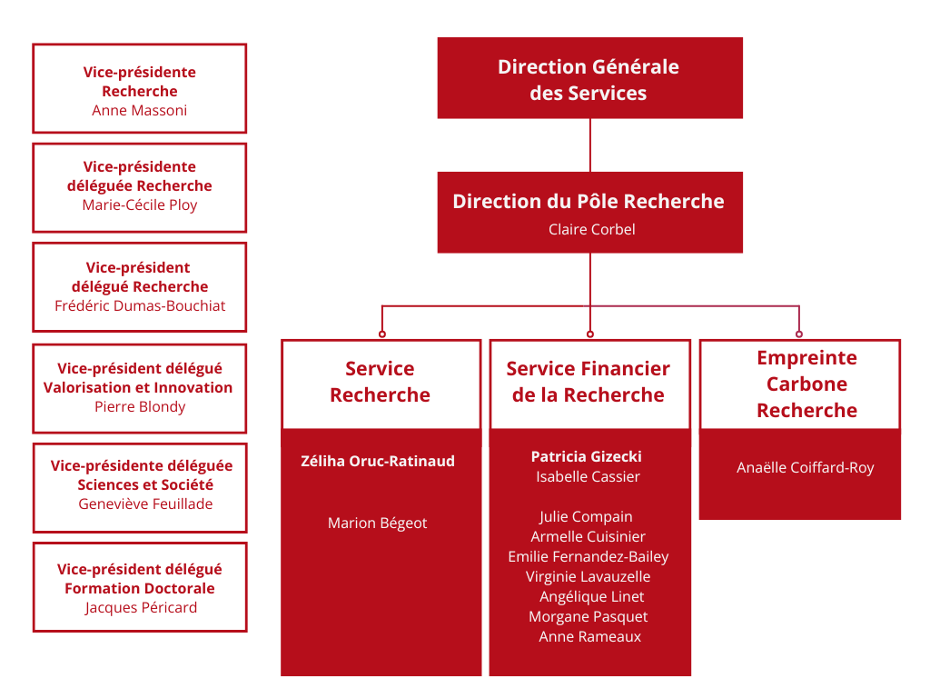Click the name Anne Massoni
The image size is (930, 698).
click(140, 110)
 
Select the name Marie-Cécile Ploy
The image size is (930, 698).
click(140, 204)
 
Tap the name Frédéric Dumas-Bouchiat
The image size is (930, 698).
click(140, 305)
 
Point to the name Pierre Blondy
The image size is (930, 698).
click(140, 406)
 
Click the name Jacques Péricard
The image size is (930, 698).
click(141, 607)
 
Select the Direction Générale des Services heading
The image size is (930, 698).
click(589, 79)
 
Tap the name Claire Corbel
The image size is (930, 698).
click(591, 229)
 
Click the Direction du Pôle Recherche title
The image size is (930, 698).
click(589, 201)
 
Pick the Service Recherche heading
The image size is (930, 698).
click(380, 382)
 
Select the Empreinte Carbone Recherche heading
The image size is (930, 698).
click(806, 384)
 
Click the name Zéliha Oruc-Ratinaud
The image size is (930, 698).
click(378, 461)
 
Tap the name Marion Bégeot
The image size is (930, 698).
click(377, 523)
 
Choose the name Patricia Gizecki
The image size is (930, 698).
click(586, 456)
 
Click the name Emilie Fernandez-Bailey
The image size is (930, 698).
click(588, 556)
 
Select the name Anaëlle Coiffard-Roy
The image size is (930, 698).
click(805, 468)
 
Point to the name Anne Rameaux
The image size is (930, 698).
click(589, 636)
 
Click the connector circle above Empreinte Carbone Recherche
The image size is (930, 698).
click(799, 334)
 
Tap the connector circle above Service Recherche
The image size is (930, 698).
click(381, 334)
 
